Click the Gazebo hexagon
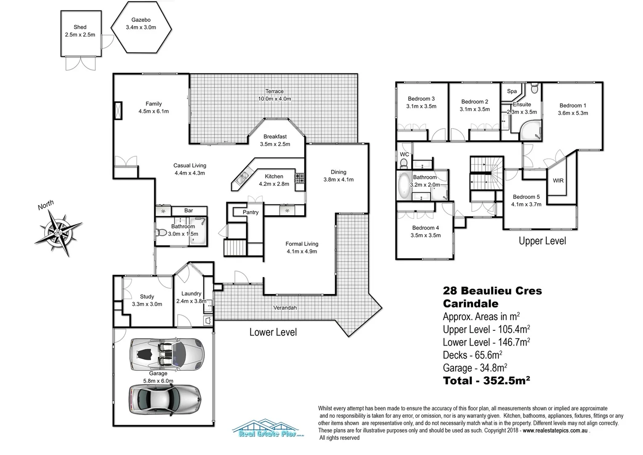click(x=141, y=27)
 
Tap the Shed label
click(x=80, y=27)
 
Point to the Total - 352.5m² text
click(x=486, y=381)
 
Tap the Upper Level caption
click(x=542, y=241)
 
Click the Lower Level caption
click(x=273, y=332)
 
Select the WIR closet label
click(x=558, y=180)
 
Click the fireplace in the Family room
click(x=118, y=111)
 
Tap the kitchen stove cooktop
click(x=299, y=178)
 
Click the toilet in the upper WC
click(x=404, y=163)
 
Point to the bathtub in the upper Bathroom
click(x=405, y=185)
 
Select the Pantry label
click(x=250, y=212)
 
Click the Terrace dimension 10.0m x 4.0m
click(x=274, y=99)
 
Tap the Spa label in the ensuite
click(x=512, y=91)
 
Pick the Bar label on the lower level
click(x=189, y=211)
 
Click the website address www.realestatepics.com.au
click(x=555, y=431)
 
